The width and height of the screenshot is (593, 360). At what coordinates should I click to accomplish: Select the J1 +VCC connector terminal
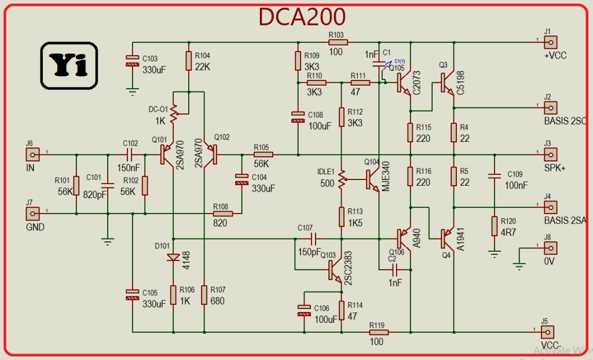[x=550, y=42]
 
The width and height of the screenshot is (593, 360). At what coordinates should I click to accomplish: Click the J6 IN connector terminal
[x=32, y=155]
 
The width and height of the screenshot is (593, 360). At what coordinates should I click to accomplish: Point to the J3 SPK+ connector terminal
[x=550, y=155]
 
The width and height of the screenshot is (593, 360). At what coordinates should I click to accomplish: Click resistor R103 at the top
[x=338, y=42]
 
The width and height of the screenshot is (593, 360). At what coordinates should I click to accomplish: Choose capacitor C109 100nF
[x=494, y=177]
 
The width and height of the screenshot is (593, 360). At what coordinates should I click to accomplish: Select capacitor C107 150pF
[x=313, y=238]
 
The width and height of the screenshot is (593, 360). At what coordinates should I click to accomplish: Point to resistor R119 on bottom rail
[x=378, y=332]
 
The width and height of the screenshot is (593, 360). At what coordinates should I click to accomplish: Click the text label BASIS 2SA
[x=565, y=221]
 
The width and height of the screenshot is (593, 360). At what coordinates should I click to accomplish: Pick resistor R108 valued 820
[x=222, y=214]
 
